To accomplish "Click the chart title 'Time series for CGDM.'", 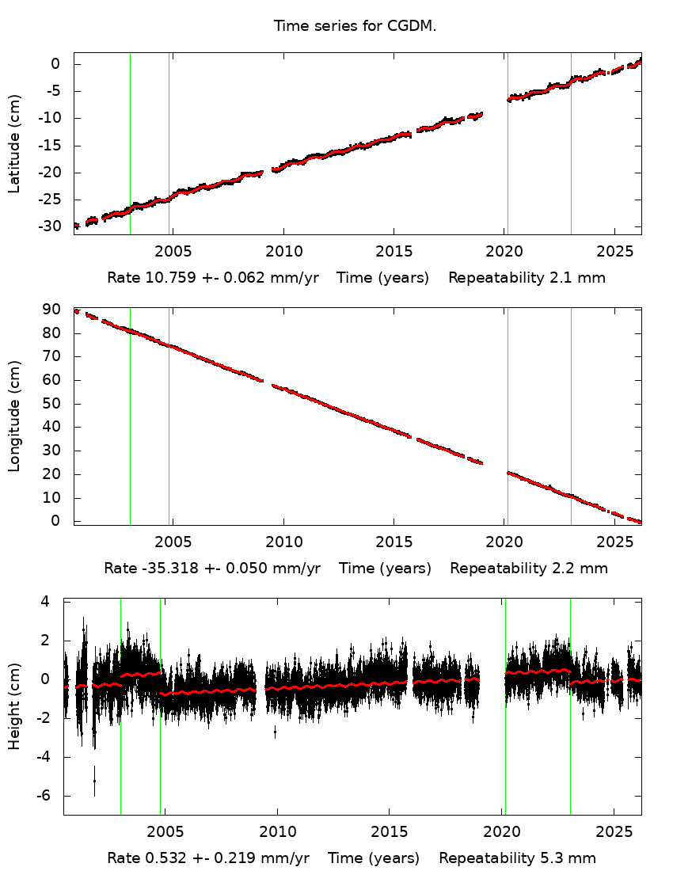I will coord(356,26).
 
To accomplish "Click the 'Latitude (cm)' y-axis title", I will coord(14,143).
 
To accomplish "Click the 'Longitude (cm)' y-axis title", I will coord(14,416).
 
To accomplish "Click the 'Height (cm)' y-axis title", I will coord(14,707).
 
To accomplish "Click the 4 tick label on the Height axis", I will coord(46,601).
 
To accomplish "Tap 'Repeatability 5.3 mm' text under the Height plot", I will coord(517,858).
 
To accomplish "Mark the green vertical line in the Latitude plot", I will coord(130,143).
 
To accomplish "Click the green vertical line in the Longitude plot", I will coord(130,416).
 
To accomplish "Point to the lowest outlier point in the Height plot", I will coord(94,781).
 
